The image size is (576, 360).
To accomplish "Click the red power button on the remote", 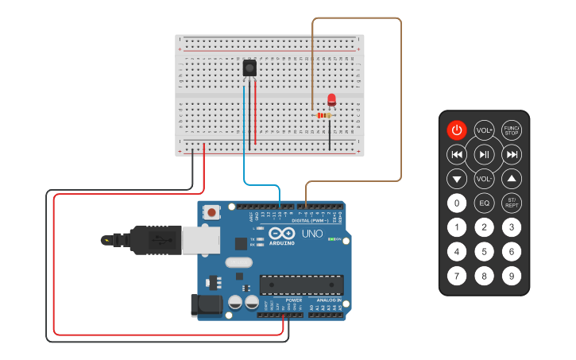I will click(456, 130).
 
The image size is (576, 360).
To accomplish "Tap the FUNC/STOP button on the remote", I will click(512, 130).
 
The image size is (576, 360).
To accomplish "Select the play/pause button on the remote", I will click(484, 153).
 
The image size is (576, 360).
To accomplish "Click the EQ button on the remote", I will click(484, 203).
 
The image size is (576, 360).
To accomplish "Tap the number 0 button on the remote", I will click(456, 203).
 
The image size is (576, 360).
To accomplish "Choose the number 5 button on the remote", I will click(484, 252).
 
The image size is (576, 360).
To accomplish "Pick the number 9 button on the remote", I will click(512, 277).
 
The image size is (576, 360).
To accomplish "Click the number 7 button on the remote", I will click(456, 277).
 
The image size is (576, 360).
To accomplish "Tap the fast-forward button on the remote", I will click(512, 154).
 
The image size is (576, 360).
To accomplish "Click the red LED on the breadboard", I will click(331, 100).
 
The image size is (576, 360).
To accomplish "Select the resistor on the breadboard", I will click(323, 115).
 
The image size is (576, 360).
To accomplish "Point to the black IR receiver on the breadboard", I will click(249, 68).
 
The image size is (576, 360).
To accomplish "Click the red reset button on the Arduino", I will click(212, 212).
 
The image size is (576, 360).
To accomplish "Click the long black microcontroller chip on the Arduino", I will click(302, 284).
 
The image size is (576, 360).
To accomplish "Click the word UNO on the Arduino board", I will click(312, 234).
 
